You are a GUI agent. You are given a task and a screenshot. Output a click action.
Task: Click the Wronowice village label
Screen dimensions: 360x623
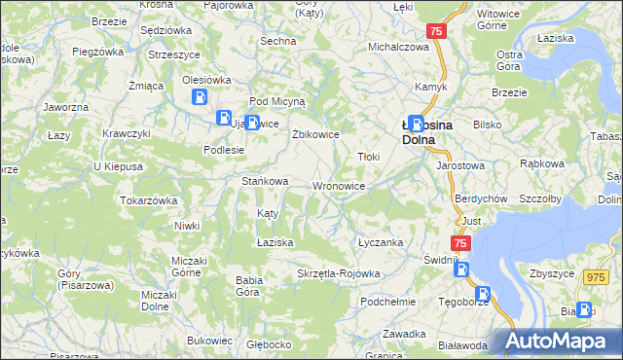point(339,186)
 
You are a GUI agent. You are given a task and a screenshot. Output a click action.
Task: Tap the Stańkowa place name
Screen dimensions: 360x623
point(265,181)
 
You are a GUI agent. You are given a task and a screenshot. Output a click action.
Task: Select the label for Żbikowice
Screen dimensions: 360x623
point(315,134)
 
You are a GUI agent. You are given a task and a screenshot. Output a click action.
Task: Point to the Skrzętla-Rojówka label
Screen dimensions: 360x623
point(338,273)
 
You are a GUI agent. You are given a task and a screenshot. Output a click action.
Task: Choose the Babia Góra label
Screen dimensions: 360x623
point(249,286)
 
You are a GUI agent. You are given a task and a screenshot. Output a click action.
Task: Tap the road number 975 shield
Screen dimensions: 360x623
point(595,277)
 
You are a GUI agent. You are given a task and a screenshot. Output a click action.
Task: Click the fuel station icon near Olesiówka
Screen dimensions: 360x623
point(200,97)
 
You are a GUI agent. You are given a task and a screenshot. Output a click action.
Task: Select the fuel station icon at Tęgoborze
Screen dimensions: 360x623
point(484,294)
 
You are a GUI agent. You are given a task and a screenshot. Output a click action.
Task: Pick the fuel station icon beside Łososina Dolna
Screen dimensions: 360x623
point(417,124)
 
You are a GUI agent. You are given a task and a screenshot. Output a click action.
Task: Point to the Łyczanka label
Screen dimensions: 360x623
point(380,242)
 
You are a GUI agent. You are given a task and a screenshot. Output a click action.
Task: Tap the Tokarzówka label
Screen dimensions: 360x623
point(148,200)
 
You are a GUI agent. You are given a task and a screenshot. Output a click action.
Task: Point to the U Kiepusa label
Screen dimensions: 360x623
point(118,166)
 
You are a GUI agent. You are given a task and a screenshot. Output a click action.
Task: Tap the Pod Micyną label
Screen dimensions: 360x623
point(277,100)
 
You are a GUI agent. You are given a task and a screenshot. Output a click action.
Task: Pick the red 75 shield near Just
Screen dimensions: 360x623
point(460,243)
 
